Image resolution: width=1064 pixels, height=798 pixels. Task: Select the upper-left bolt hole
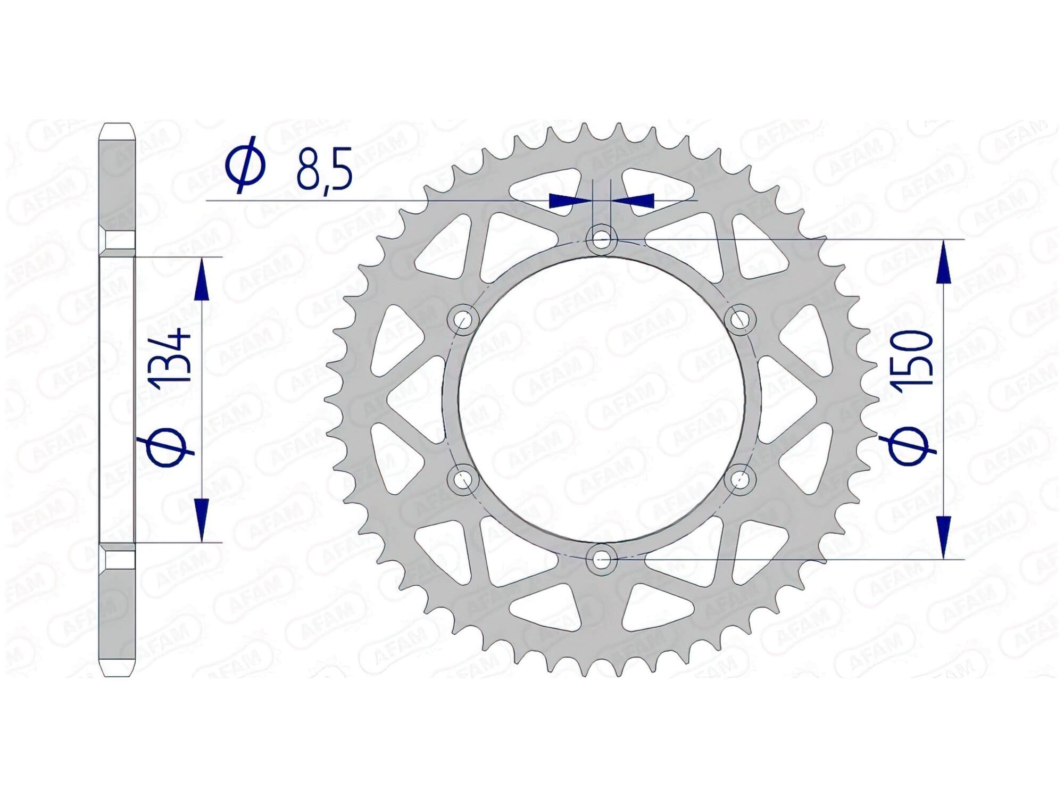point(463,319)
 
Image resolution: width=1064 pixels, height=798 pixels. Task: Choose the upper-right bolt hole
point(740,319)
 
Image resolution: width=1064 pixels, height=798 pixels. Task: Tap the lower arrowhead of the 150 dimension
point(943,537)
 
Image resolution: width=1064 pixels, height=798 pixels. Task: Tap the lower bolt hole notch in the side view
point(118,560)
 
